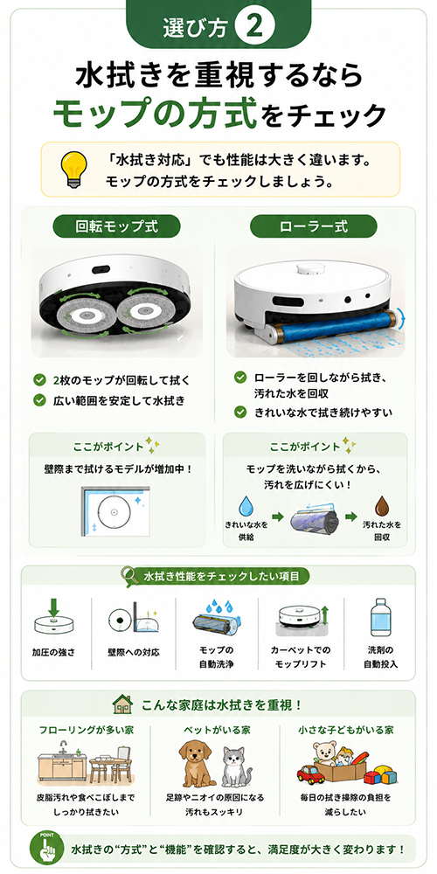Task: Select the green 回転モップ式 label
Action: (x=116, y=227)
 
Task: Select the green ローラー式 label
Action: (x=314, y=227)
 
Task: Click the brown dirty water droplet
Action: (x=382, y=505)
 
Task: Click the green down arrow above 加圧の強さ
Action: (x=53, y=607)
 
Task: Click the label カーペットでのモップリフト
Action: (x=301, y=657)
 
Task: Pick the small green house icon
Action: (x=122, y=704)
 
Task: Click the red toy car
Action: (x=310, y=774)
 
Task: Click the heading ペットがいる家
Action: (x=217, y=729)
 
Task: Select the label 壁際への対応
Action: (x=134, y=652)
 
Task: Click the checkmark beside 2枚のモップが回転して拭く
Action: (x=39, y=380)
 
